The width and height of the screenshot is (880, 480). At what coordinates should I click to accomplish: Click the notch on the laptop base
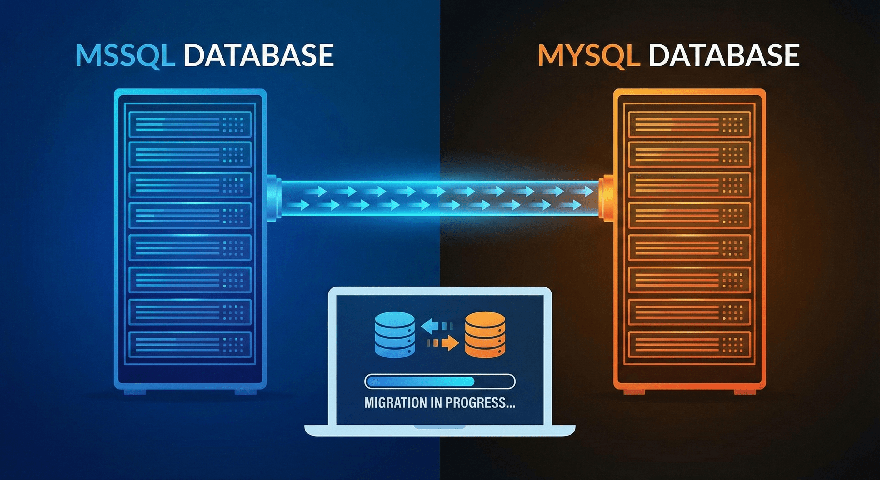pos(440,427)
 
